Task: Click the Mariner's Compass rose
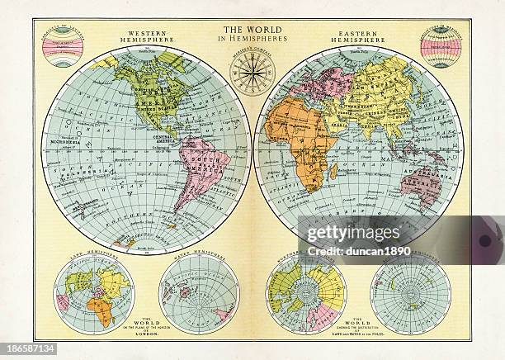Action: tap(252, 73)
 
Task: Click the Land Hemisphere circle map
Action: tap(93, 293)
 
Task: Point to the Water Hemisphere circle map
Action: tap(197, 294)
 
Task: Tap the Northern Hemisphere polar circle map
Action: tap(306, 293)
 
